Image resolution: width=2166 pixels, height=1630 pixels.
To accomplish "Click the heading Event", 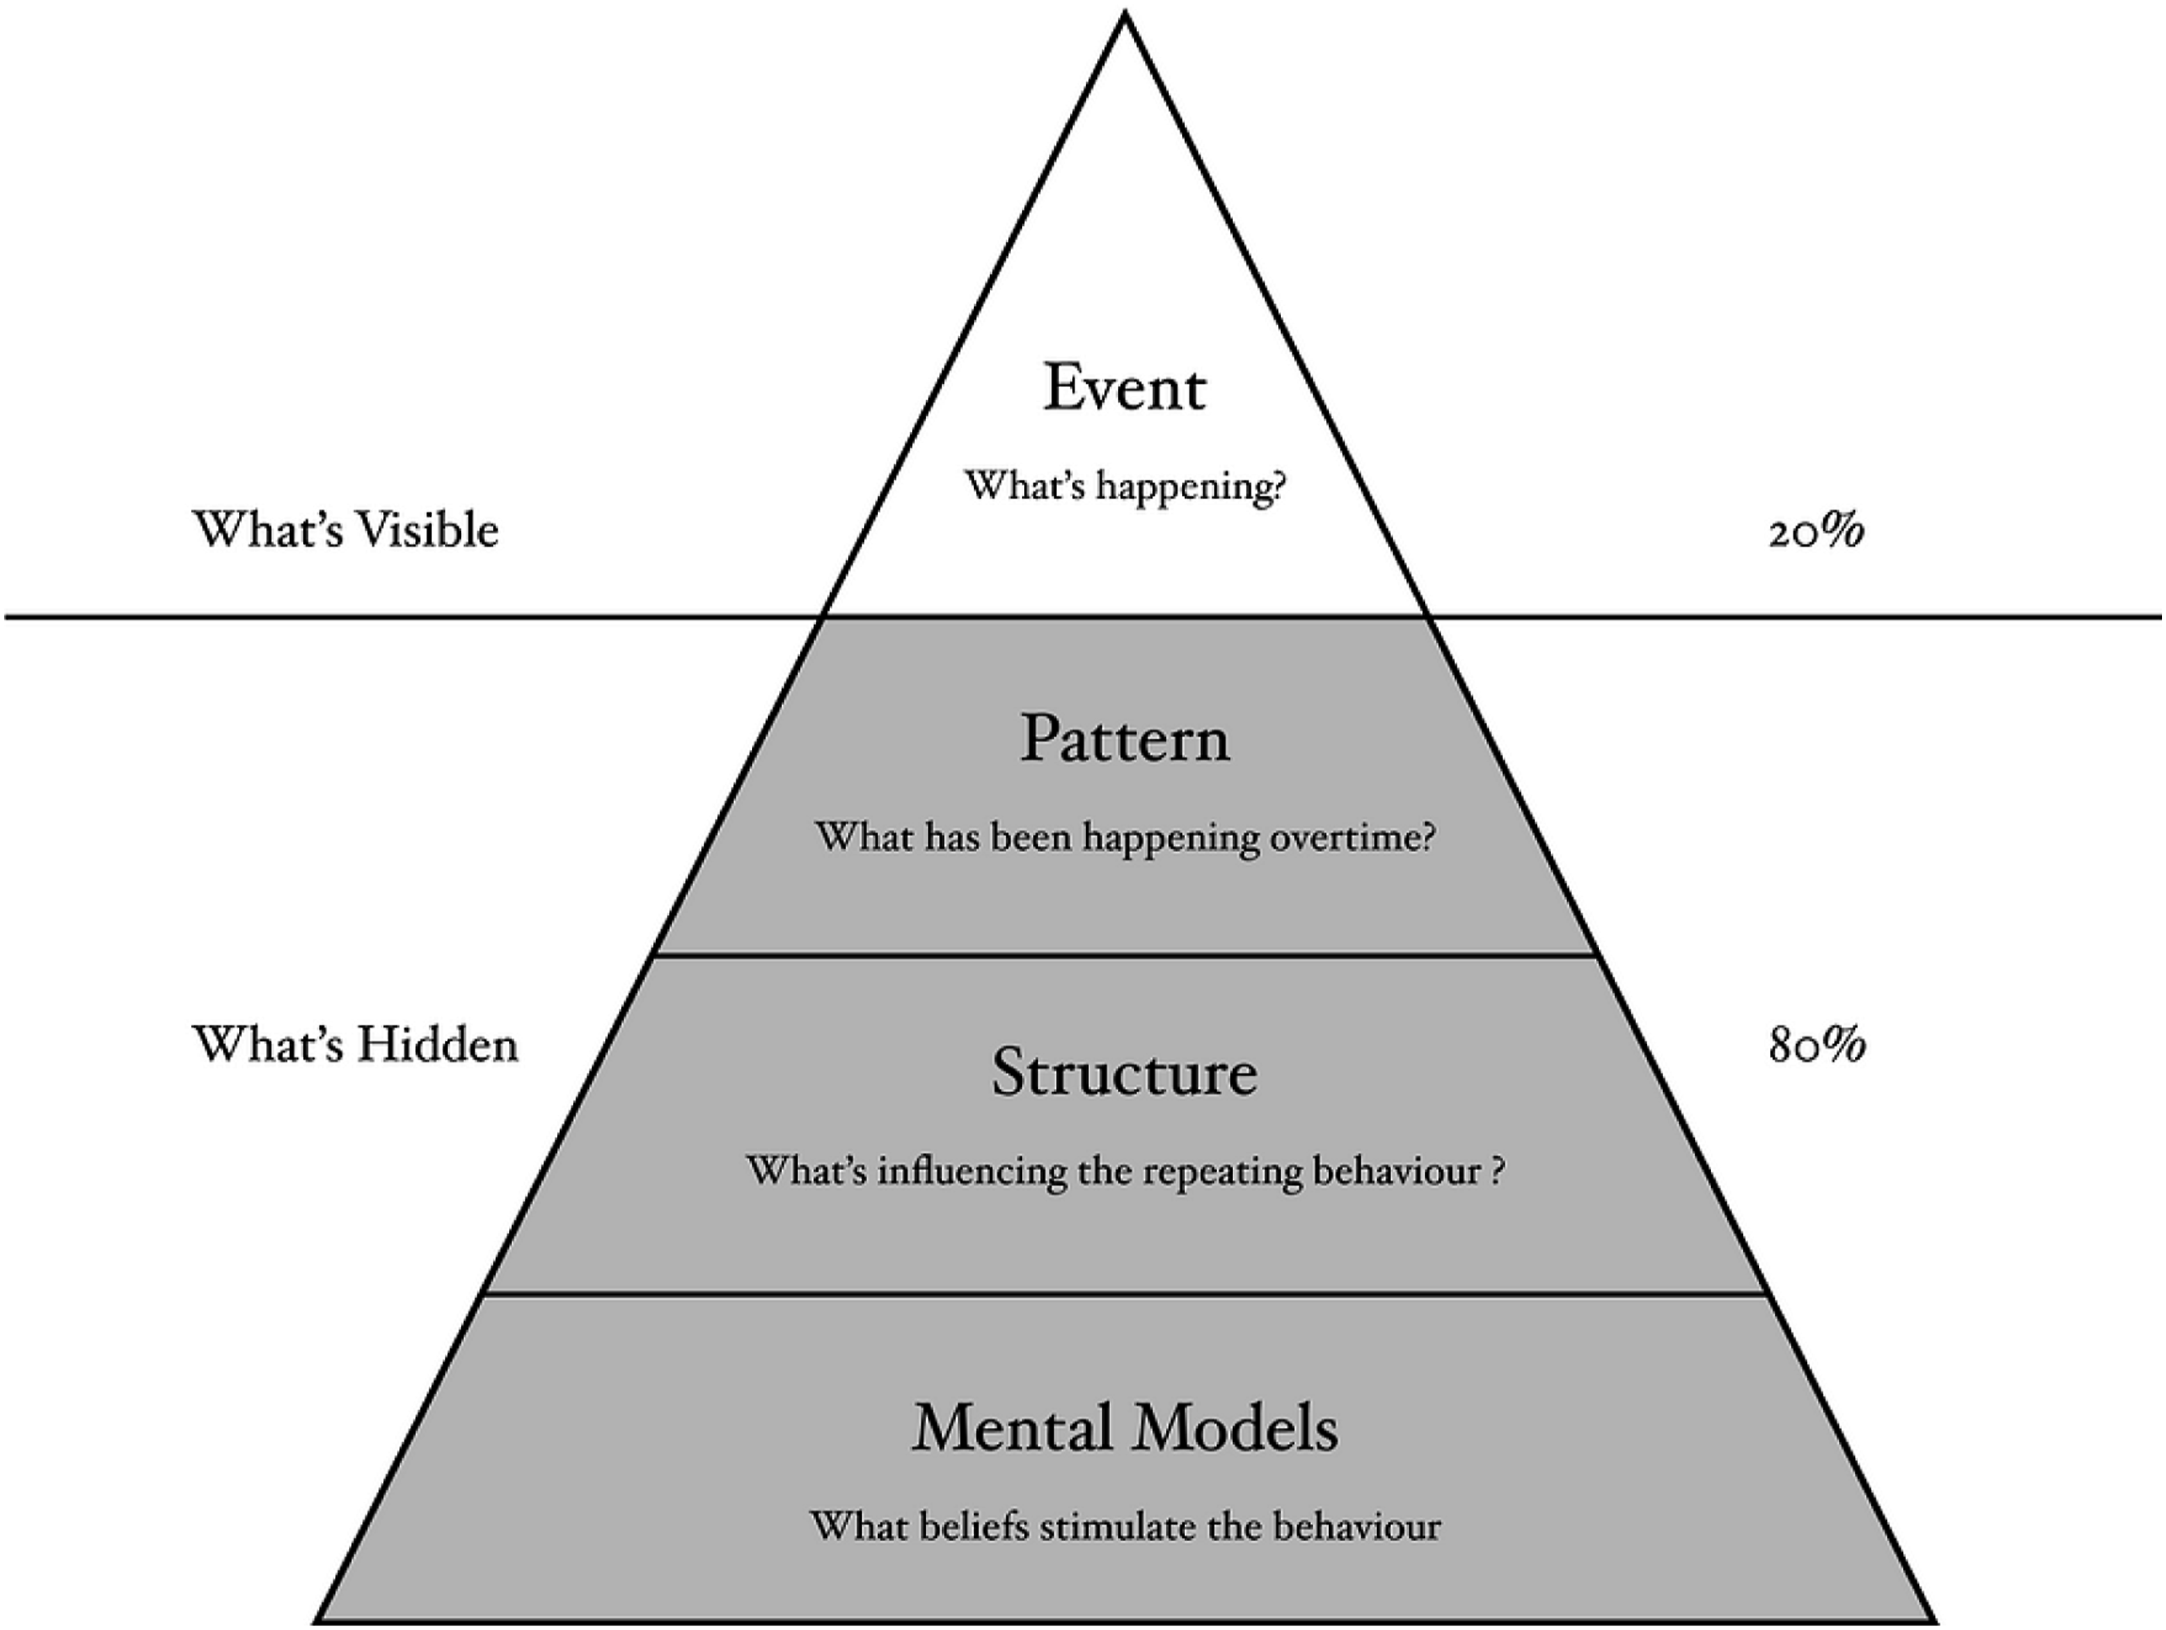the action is point(1124,387).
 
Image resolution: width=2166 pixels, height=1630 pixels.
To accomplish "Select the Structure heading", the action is point(1124,1072).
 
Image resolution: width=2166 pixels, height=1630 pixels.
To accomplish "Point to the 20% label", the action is point(1816,532).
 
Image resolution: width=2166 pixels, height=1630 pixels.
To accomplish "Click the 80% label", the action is point(1816,1045).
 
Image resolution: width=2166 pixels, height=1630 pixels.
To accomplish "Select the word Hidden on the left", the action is point(437,1044).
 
